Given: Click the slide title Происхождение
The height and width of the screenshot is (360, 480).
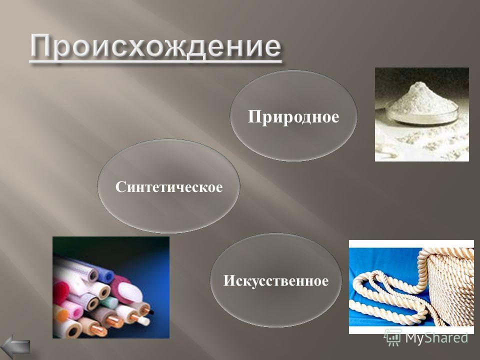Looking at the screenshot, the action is pos(155,46).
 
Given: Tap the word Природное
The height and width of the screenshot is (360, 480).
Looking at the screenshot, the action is pos(293,117).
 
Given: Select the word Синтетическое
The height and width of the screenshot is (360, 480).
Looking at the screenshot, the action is pos(169,186).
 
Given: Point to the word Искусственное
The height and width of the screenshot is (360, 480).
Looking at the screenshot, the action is pos(276,280).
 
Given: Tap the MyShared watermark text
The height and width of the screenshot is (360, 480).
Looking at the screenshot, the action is pos(436,337).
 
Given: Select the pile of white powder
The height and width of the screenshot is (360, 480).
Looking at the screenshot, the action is pos(422,98).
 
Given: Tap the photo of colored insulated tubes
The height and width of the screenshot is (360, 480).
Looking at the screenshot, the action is pos(111,287).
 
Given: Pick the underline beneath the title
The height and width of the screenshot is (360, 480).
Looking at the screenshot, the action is pos(155,61).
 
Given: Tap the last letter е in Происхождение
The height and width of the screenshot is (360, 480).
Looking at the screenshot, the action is pos(270,48).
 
